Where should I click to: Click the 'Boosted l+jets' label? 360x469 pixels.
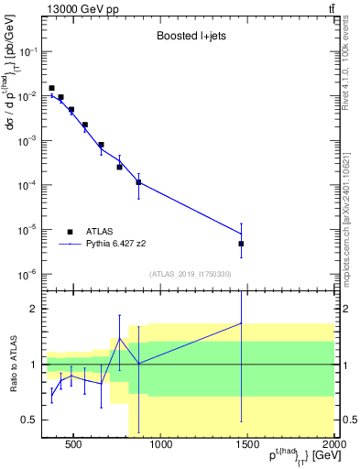188,38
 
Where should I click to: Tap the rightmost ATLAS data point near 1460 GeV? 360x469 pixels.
241,244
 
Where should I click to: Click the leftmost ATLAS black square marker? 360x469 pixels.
51,88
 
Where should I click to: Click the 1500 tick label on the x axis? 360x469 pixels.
247,446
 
